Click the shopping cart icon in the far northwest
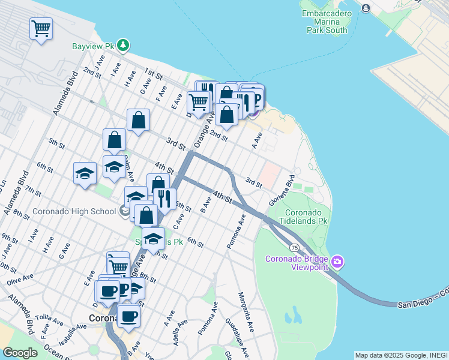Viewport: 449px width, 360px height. pos(41,28)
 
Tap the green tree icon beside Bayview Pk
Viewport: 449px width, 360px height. pos(123,45)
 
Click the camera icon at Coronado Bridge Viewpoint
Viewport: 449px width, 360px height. pos(337,261)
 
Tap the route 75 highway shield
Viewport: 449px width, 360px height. pos(294,247)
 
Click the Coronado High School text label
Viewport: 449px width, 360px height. pos(74,211)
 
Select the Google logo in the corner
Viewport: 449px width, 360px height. pos(20,353)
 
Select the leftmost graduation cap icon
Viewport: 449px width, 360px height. pos(85,173)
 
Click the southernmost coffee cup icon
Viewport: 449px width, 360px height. pos(128,315)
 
